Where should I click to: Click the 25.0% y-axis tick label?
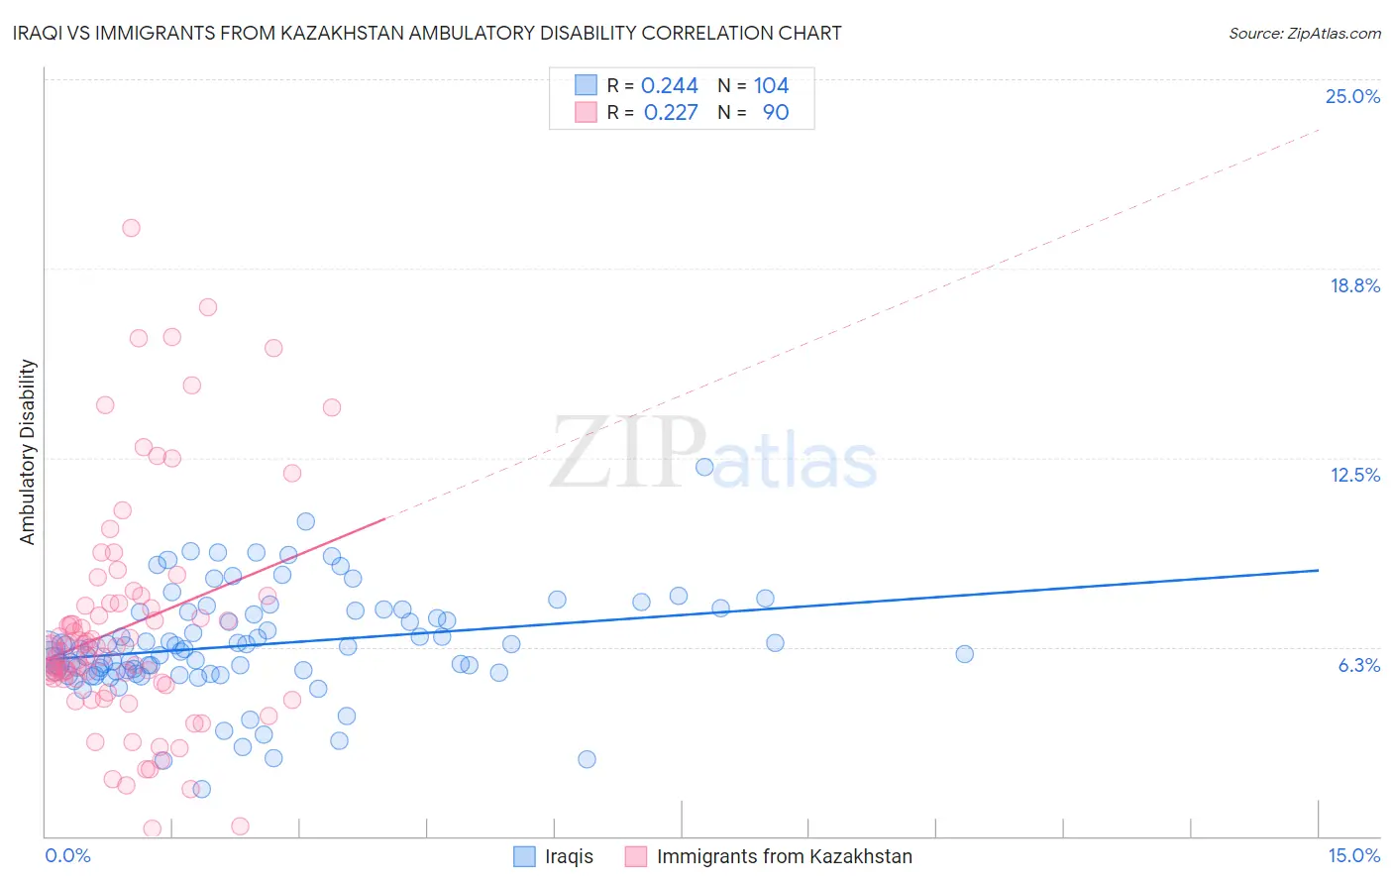pyautogui.click(x=1352, y=97)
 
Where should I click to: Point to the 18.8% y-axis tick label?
pyautogui.click(x=1354, y=286)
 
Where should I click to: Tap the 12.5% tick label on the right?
pyautogui.click(x=1354, y=476)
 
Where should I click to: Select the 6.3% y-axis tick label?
pyautogui.click(x=1358, y=666)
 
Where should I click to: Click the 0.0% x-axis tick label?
pyautogui.click(x=67, y=856)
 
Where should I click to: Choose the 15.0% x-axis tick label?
pyautogui.click(x=1353, y=856)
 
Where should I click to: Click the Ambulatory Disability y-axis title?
pyautogui.click(x=28, y=452)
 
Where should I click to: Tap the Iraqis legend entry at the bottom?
pyautogui.click(x=568, y=857)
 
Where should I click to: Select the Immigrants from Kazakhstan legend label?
pyautogui.click(x=784, y=857)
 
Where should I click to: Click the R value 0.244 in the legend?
pyautogui.click(x=670, y=86)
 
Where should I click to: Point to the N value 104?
pyautogui.click(x=771, y=86)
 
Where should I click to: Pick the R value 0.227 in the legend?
pyautogui.click(x=671, y=113)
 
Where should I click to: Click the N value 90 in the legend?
pyautogui.click(x=776, y=113)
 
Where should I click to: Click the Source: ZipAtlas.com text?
pyautogui.click(x=1304, y=34)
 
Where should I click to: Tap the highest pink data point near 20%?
pyautogui.click(x=131, y=228)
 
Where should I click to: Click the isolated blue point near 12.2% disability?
pyautogui.click(x=704, y=467)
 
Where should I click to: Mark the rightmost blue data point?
pyautogui.click(x=964, y=654)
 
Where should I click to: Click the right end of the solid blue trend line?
pyautogui.click(x=1318, y=570)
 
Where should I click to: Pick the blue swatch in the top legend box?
pyautogui.click(x=586, y=86)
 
